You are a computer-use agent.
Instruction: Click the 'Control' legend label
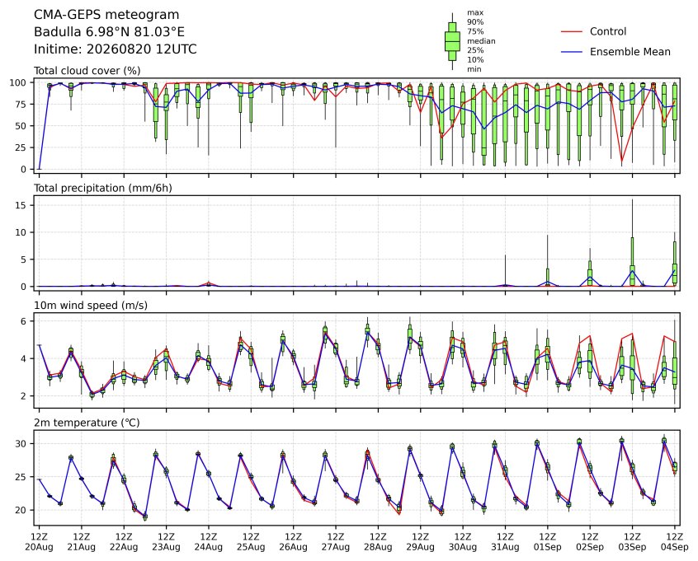pyautogui.click(x=607, y=31)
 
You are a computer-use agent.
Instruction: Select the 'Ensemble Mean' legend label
pyautogui.click(x=630, y=52)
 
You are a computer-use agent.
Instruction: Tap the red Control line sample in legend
pyautogui.click(x=572, y=31)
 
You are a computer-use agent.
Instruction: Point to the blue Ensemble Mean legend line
pyautogui.click(x=572, y=52)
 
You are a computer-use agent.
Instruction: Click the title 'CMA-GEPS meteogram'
pyautogui.click(x=106, y=15)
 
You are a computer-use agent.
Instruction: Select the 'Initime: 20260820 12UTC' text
pyautogui.click(x=116, y=49)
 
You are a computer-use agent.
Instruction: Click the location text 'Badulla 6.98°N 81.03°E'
pyautogui.click(x=109, y=32)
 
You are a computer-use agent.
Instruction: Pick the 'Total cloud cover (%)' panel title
pyautogui.click(x=87, y=71)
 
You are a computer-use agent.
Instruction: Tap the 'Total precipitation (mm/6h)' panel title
pyautogui.click(x=103, y=188)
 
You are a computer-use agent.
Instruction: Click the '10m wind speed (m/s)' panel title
pyautogui.click(x=91, y=306)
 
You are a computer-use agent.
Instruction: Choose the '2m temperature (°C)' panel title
pyautogui.click(x=87, y=423)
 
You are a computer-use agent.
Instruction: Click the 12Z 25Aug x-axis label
pyautogui.click(x=251, y=542)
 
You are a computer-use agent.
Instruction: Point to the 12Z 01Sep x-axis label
pyautogui.click(x=548, y=542)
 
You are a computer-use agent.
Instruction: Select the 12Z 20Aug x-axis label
pyautogui.click(x=39, y=542)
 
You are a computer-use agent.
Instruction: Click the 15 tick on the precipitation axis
pyautogui.click(x=21, y=205)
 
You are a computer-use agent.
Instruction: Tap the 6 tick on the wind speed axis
pyautogui.click(x=24, y=321)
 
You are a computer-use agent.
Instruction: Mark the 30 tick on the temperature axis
pyautogui.click(x=21, y=444)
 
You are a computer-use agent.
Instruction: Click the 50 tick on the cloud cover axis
pyautogui.click(x=21, y=126)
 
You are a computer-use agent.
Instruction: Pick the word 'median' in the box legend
pyautogui.click(x=481, y=41)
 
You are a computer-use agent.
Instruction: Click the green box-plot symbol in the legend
pyautogui.click(x=452, y=41)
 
